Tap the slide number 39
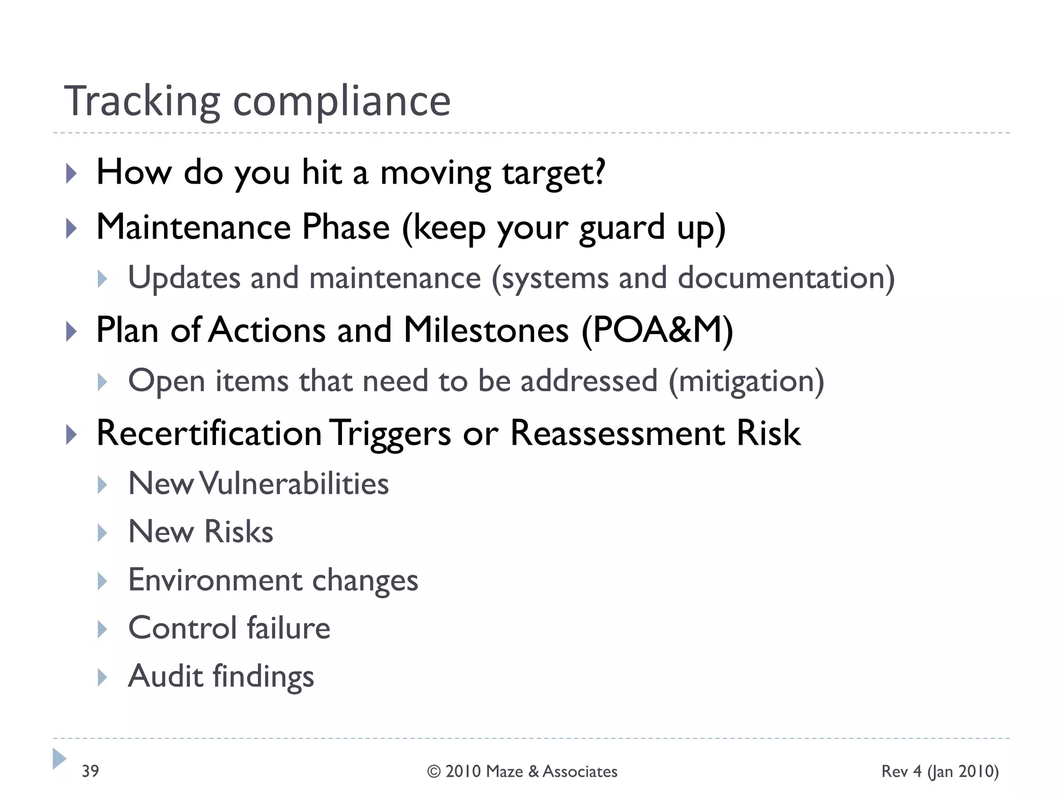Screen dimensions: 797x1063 pyautogui.click(x=90, y=771)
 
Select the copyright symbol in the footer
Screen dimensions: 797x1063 pyautogui.click(x=434, y=772)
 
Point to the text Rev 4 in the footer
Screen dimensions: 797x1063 pyautogui.click(x=902, y=771)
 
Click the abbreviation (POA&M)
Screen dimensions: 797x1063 pyautogui.click(x=657, y=331)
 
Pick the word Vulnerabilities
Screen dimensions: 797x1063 pyautogui.click(x=294, y=484)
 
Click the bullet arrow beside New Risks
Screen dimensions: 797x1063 pyautogui.click(x=102, y=533)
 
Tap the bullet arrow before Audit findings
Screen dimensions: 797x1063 pyautogui.click(x=102, y=677)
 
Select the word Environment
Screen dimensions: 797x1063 pyautogui.click(x=215, y=580)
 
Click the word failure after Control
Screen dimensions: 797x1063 pyautogui.click(x=288, y=628)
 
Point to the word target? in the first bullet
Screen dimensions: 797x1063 pyautogui.click(x=553, y=173)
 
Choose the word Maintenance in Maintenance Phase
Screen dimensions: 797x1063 pyautogui.click(x=194, y=227)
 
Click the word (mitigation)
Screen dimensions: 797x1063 pyautogui.click(x=746, y=381)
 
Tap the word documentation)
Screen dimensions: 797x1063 pyautogui.click(x=786, y=278)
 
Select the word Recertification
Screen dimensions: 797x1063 pyautogui.click(x=209, y=433)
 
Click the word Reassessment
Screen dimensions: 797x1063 pyautogui.click(x=618, y=433)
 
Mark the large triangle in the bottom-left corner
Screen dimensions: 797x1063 pyautogui.click(x=59, y=759)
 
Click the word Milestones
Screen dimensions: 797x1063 pyautogui.click(x=486, y=331)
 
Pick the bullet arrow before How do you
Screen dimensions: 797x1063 pyautogui.click(x=72, y=174)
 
